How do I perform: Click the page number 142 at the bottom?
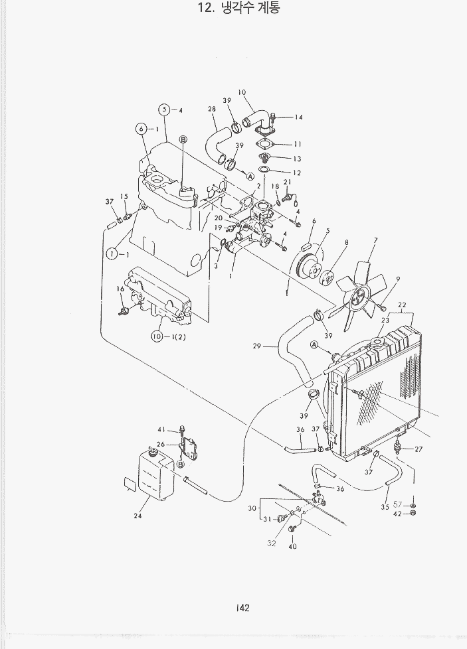pos(241,607)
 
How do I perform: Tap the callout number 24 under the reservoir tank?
pos(138,516)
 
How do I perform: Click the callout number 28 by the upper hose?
pos(212,109)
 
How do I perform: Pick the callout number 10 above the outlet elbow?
pos(241,92)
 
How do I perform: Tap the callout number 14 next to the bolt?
pos(298,117)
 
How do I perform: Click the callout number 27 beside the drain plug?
pos(419,449)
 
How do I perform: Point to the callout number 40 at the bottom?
pos(292,547)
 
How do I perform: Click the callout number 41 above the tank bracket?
pos(161,429)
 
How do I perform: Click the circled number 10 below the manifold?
pos(157,336)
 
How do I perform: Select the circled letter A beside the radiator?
pos(314,344)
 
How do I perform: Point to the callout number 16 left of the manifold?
pos(120,289)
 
